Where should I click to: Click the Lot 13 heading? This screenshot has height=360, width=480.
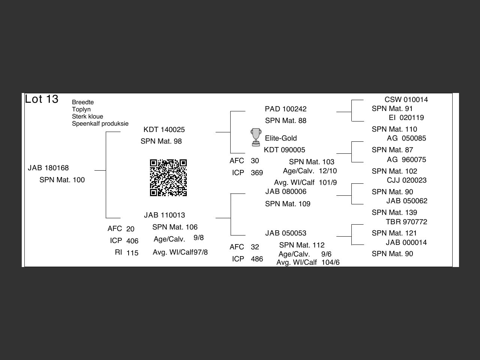click(42, 99)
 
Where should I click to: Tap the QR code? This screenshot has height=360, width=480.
click(168, 178)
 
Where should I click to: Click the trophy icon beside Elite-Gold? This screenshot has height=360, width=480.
click(256, 137)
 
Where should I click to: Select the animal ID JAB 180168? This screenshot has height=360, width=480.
click(48, 168)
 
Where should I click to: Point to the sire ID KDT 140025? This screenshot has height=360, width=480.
click(164, 130)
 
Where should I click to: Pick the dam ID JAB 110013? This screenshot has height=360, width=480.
click(164, 215)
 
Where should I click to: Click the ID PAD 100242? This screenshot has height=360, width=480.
click(285, 109)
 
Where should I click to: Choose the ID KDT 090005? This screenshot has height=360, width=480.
click(284, 150)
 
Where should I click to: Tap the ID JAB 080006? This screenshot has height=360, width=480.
click(285, 192)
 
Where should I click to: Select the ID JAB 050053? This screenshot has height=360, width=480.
click(285, 233)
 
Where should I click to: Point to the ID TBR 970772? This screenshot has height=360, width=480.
click(406, 222)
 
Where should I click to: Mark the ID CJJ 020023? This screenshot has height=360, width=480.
click(406, 180)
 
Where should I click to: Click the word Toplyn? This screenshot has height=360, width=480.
click(81, 109)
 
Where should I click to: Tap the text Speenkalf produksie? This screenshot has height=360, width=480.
click(100, 124)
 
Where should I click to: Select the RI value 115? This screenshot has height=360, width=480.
click(132, 253)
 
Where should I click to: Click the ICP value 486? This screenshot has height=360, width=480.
click(257, 259)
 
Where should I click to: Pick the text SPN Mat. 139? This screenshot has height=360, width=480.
click(394, 213)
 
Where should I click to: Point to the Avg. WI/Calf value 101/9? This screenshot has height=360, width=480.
click(328, 183)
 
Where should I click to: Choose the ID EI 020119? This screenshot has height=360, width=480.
click(406, 118)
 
